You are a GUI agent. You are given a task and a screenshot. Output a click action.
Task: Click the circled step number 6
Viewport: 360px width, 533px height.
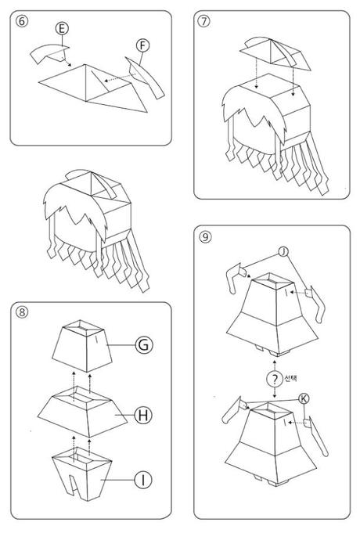[x=22, y=21]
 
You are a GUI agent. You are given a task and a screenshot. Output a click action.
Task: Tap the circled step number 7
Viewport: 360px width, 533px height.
[x=204, y=21]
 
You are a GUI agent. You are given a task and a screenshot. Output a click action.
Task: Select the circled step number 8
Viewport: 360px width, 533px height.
[x=22, y=312]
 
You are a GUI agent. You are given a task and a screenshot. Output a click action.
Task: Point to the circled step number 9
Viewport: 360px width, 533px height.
[x=205, y=236]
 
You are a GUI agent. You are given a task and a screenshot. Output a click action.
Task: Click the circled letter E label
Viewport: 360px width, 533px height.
[x=62, y=28]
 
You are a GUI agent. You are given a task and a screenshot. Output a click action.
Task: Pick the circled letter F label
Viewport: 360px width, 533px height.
[x=143, y=45]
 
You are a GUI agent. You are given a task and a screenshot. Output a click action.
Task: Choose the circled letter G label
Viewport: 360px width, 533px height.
[x=144, y=344]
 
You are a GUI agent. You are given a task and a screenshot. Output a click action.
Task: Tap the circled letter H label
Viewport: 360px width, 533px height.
[x=143, y=415]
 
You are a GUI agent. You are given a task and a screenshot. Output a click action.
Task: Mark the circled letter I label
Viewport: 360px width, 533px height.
[x=143, y=480]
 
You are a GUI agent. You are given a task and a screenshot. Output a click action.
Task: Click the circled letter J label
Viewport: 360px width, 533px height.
[x=283, y=252]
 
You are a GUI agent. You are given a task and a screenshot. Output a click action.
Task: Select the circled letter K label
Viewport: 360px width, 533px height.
[x=304, y=398]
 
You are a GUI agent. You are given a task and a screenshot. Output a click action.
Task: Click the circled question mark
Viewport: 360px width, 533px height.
[x=275, y=379]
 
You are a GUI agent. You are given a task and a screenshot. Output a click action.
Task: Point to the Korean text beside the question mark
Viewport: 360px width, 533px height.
[x=290, y=378]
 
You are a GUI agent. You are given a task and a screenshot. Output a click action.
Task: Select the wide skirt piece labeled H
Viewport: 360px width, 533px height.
[x=83, y=413]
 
